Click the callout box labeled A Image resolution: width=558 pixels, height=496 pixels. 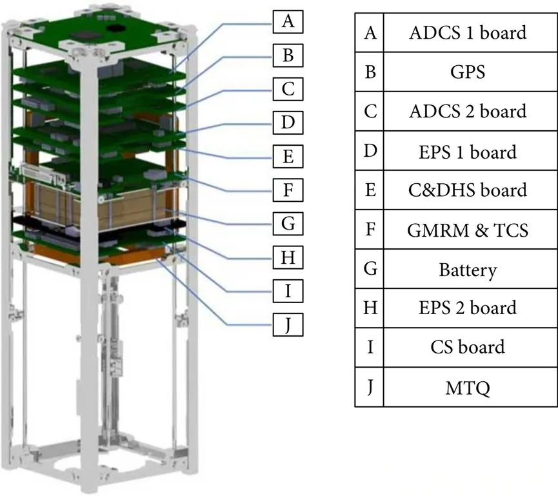click(x=288, y=22)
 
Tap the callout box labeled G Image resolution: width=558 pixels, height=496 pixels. click(x=288, y=224)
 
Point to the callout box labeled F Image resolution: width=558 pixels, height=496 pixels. click(x=288, y=190)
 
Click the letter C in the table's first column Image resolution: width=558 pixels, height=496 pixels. click(x=370, y=111)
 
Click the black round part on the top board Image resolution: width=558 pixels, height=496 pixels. click(x=117, y=28)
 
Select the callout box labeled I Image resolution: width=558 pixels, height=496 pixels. click(x=288, y=291)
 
